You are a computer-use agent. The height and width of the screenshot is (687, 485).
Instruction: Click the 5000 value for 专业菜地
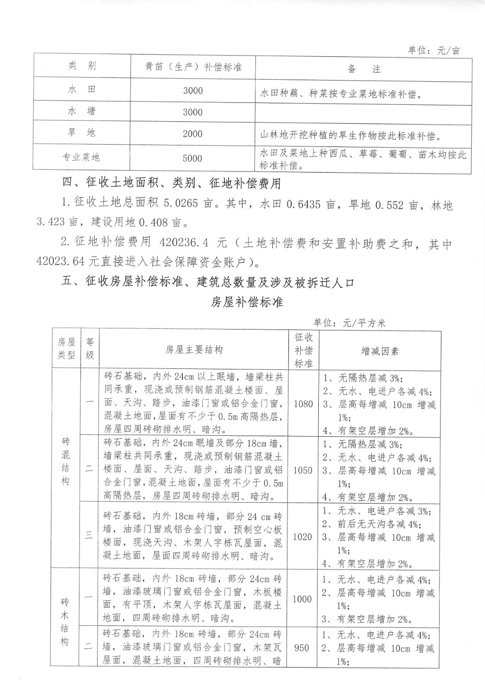tap(192, 158)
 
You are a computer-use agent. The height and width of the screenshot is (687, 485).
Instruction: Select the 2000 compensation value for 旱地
tap(192, 134)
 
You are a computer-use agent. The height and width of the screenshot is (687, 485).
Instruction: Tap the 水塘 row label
tap(81, 111)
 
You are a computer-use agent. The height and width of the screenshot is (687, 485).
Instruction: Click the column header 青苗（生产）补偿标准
tap(193, 67)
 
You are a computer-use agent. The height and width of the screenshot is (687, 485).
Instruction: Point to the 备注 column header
tap(364, 69)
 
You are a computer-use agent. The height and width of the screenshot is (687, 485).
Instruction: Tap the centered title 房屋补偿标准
tap(247, 302)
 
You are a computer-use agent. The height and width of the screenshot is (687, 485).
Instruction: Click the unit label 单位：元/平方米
tap(350, 323)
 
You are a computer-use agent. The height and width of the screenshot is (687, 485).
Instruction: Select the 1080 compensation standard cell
tap(303, 404)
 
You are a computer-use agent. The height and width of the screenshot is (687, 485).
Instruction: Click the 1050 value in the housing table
tap(303, 470)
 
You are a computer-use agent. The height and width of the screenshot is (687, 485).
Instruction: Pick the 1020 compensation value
tap(303, 537)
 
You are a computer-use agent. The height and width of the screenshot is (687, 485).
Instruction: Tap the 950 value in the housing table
tap(302, 648)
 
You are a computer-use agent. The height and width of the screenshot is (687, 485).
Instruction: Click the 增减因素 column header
tap(380, 351)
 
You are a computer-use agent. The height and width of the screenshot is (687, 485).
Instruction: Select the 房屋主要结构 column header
tap(194, 350)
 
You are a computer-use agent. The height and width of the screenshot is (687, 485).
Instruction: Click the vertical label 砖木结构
tap(65, 622)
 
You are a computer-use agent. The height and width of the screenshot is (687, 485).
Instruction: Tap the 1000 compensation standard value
tap(302, 599)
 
